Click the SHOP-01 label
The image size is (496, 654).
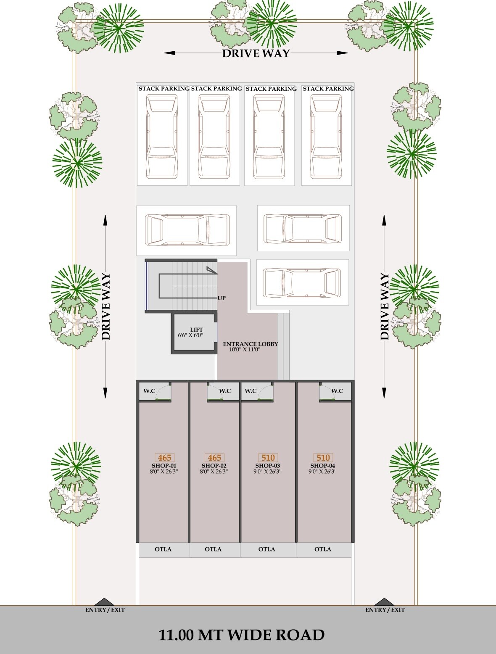pos(164,466)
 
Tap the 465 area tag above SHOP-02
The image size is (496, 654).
pos(214,458)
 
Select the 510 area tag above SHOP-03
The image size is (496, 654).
pos(268,458)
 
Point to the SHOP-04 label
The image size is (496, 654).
pos(323,466)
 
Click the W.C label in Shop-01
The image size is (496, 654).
pos(149,391)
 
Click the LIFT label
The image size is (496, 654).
pos(196,330)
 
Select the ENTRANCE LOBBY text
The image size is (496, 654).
pos(251,344)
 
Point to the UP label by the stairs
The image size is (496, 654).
pos(222,298)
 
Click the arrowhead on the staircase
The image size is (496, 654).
pos(211,269)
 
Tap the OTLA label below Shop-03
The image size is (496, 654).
pos(266,549)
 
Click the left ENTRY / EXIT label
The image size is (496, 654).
pos(105,610)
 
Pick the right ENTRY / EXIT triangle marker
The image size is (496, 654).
pos(384,602)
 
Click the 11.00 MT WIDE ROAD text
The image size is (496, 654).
pos(241,635)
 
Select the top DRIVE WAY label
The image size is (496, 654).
pos(256,53)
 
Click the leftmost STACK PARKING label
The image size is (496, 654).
pos(164,89)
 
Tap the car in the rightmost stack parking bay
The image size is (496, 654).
pos(326,137)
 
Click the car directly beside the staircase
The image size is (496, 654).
pos(302,282)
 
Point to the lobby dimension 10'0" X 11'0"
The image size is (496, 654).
pos(245,350)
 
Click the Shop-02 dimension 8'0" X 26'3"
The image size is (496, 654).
pos(214,472)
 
